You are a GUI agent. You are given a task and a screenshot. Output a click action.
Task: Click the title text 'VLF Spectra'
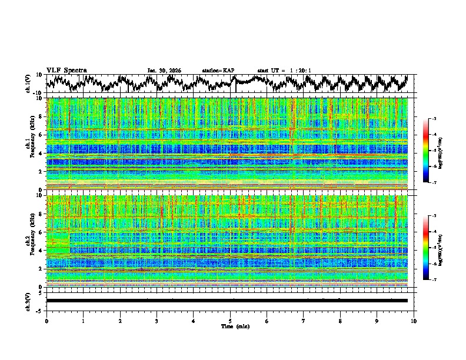[x=66, y=70]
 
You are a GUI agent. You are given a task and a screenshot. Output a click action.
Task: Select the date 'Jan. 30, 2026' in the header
[x=164, y=71]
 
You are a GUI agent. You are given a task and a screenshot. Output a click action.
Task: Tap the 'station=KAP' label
[x=218, y=71]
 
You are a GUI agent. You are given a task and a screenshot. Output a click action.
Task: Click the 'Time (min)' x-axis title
[x=234, y=326]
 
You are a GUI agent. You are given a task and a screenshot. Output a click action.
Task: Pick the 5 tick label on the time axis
[x=230, y=321]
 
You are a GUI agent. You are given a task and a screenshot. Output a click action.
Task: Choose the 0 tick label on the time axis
[x=46, y=321]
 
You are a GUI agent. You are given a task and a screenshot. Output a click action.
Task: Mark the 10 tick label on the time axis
[x=414, y=321]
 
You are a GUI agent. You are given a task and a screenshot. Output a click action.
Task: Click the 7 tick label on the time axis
[x=304, y=321]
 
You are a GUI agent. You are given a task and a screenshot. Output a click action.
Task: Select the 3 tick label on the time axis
[x=157, y=321]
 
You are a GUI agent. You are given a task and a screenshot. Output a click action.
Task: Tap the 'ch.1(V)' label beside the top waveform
[x=28, y=84]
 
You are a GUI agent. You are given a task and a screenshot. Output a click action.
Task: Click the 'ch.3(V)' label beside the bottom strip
[x=28, y=301]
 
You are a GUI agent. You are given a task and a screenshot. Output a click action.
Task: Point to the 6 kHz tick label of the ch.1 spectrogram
[x=41, y=135]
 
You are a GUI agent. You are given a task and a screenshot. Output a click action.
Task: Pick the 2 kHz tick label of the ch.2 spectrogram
[x=41, y=269]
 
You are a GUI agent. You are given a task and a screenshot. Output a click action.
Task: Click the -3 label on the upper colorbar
[x=434, y=119]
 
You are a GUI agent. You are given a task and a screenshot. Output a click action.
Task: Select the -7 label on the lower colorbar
[x=434, y=280]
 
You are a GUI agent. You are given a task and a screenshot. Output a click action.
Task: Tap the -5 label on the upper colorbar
[x=434, y=151]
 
